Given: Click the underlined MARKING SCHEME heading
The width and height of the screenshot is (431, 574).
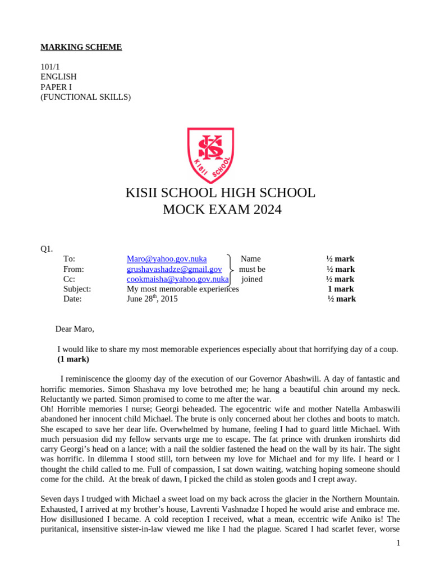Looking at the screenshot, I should point(81,47).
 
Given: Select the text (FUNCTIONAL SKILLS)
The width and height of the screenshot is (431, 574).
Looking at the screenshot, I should point(85,97).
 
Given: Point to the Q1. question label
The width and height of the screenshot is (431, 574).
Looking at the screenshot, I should point(47,249).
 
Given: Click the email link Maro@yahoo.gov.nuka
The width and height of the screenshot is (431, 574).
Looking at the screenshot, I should point(167,259).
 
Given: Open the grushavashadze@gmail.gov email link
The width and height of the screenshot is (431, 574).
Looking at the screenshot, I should point(174,269).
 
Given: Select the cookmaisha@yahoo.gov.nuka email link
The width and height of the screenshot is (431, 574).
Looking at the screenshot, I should point(177,279).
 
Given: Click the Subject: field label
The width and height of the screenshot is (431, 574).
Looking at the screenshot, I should point(77,289).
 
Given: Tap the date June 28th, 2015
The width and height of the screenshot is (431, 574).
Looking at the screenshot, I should point(152,299).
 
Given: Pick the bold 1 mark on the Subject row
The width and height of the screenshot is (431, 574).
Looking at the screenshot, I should point(341,289).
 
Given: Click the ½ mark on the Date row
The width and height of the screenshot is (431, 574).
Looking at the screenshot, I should point(341,299).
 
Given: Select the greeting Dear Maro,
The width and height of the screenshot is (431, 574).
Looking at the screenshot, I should point(75,329).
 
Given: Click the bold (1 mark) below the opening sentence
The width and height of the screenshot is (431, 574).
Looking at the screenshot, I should point(73,359).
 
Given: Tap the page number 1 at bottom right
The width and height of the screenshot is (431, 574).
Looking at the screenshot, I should point(398,543).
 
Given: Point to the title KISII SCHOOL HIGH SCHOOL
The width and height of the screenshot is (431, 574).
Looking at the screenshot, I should point(220,193).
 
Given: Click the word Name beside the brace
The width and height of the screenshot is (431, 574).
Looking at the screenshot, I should point(250,259).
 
